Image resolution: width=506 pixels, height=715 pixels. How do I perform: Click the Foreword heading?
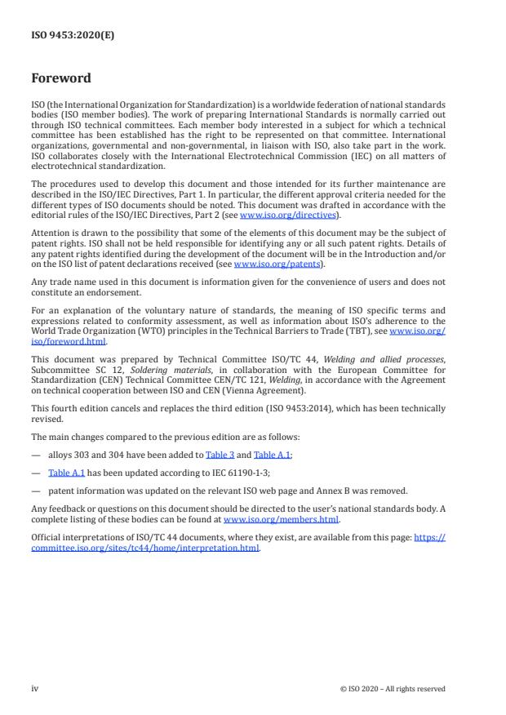[60, 78]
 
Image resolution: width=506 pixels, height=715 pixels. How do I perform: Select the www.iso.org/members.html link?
[281, 518]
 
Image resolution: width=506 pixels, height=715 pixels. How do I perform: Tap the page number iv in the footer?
[35, 688]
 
